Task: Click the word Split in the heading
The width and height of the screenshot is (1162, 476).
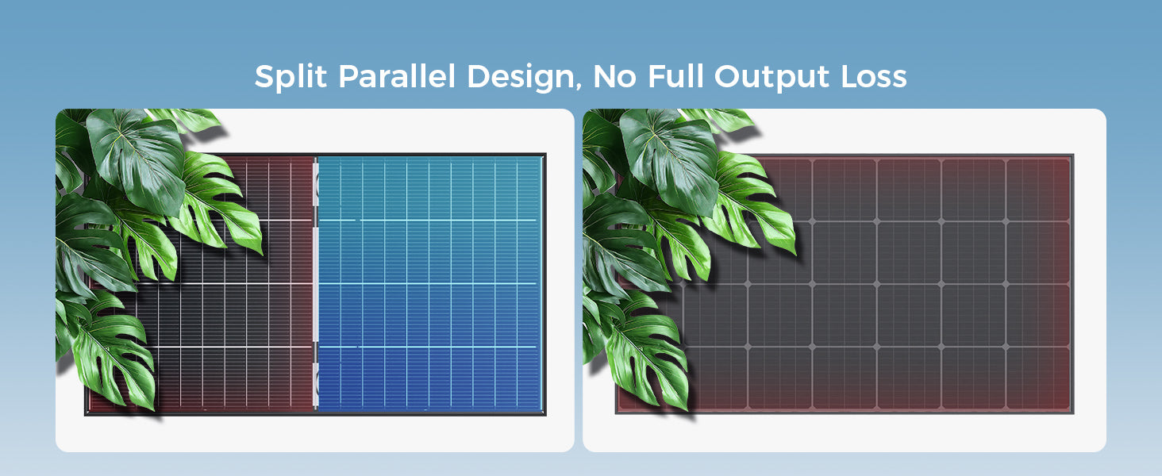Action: click(x=290, y=78)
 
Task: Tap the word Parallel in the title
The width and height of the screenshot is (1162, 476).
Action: click(x=397, y=76)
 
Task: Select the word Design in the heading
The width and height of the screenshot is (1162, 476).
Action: click(x=521, y=78)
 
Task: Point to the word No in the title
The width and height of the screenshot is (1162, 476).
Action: click(x=614, y=77)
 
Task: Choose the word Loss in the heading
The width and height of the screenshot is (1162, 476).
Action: click(x=874, y=77)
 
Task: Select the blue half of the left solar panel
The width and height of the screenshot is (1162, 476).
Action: click(x=429, y=283)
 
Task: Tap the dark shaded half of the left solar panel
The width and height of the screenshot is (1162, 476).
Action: click(x=202, y=283)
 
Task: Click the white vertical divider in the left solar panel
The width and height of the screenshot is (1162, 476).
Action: click(x=315, y=283)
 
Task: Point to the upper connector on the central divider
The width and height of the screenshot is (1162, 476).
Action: click(x=316, y=186)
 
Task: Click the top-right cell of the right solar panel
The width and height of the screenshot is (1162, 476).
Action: click(x=1038, y=190)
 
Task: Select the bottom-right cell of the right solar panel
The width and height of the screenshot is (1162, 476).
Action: click(x=1038, y=378)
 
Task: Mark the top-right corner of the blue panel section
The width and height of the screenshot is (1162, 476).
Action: click(x=543, y=156)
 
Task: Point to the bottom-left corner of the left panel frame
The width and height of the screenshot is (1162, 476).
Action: click(x=85, y=415)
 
